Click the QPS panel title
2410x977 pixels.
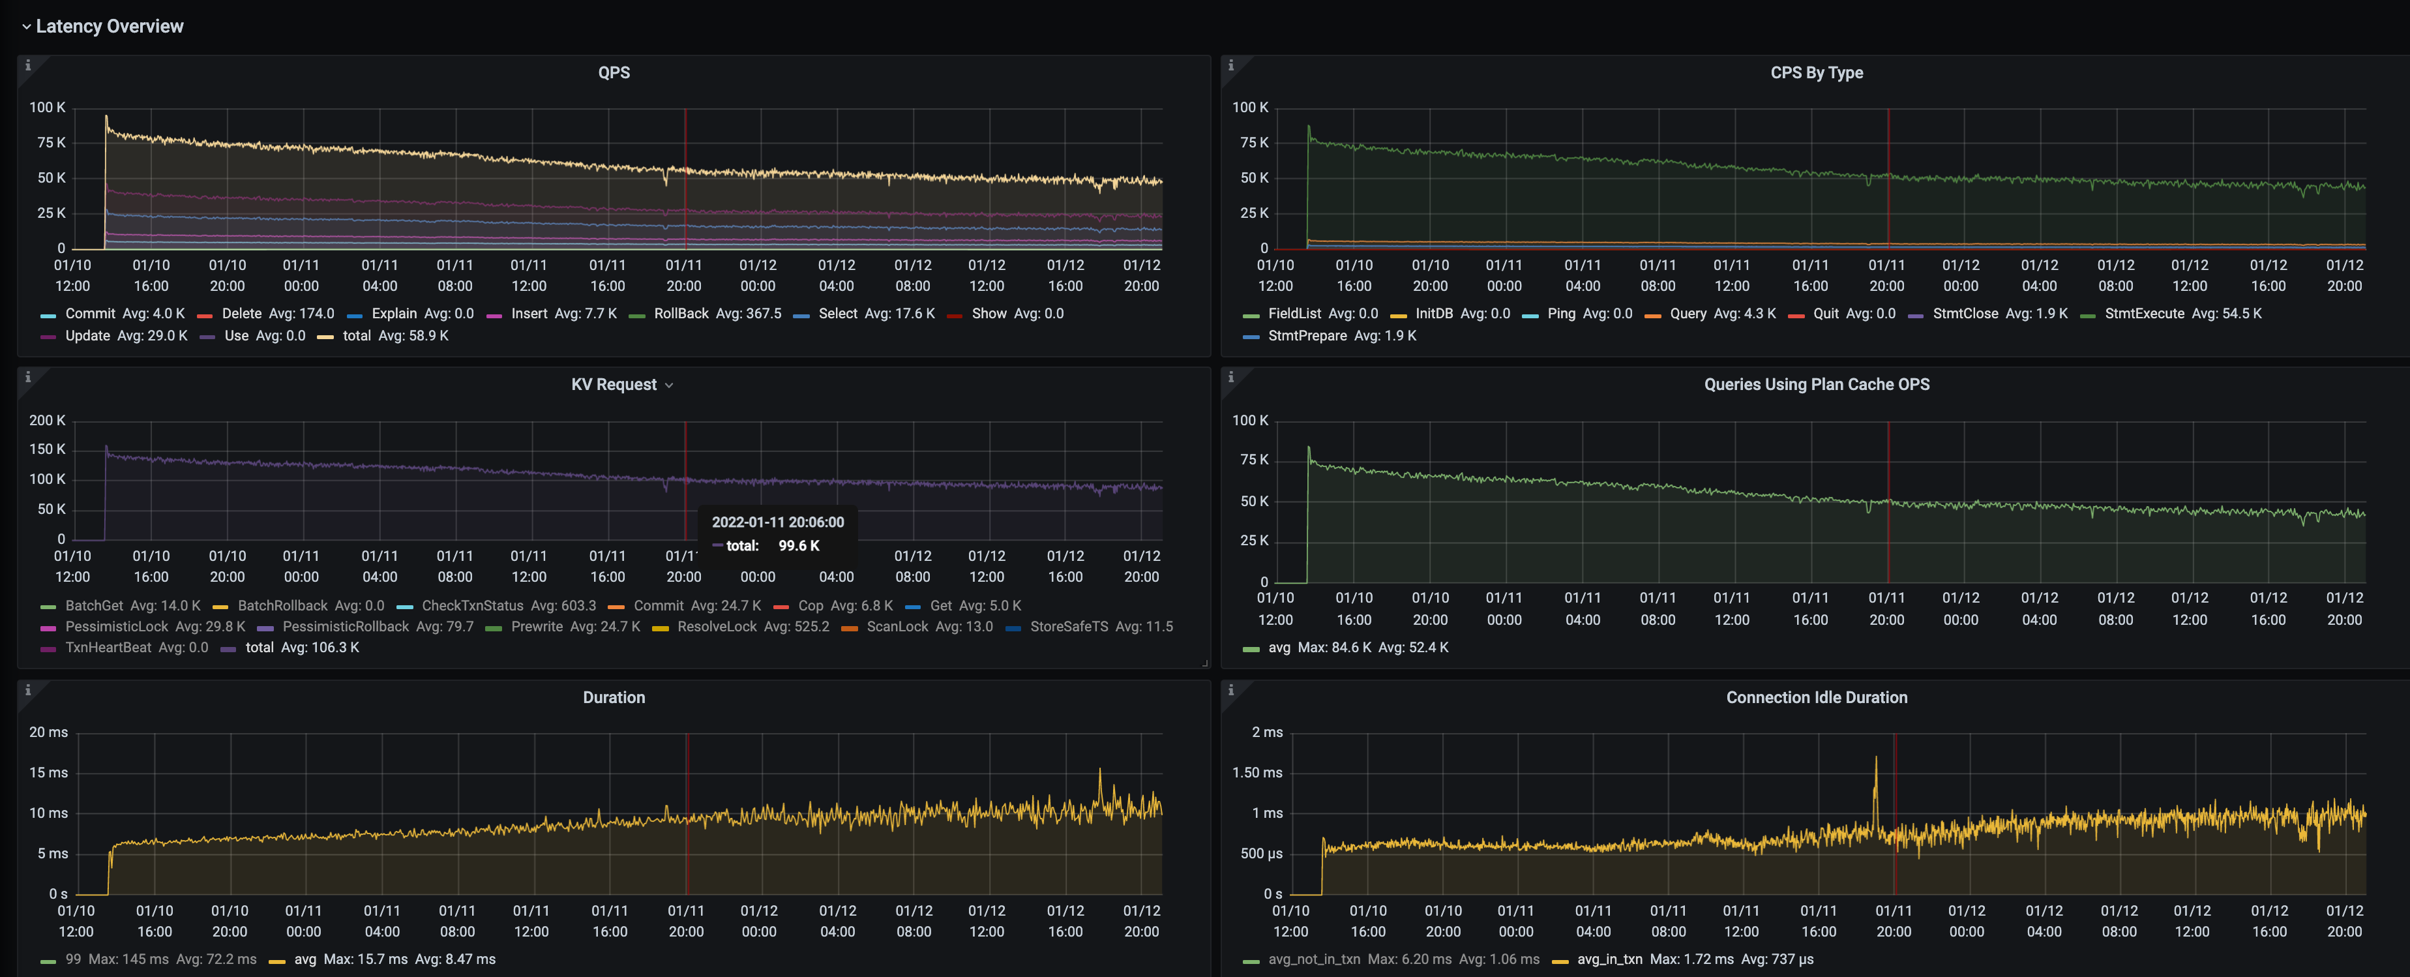[x=614, y=72]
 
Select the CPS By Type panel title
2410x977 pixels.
[x=1816, y=72]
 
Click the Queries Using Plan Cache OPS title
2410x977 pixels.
[x=1816, y=385]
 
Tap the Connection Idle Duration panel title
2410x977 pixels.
[x=1816, y=697]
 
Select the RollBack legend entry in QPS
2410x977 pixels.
[x=680, y=314]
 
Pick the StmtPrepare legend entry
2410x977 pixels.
[x=1306, y=336]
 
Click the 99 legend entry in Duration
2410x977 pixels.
[x=73, y=959]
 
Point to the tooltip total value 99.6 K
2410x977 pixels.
[x=798, y=546]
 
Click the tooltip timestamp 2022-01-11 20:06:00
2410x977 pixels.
[x=777, y=522]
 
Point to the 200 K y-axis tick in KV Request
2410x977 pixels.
[x=47, y=420]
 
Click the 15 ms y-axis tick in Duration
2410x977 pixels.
[x=49, y=773]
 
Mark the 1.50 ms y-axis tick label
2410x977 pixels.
[x=1257, y=773]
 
